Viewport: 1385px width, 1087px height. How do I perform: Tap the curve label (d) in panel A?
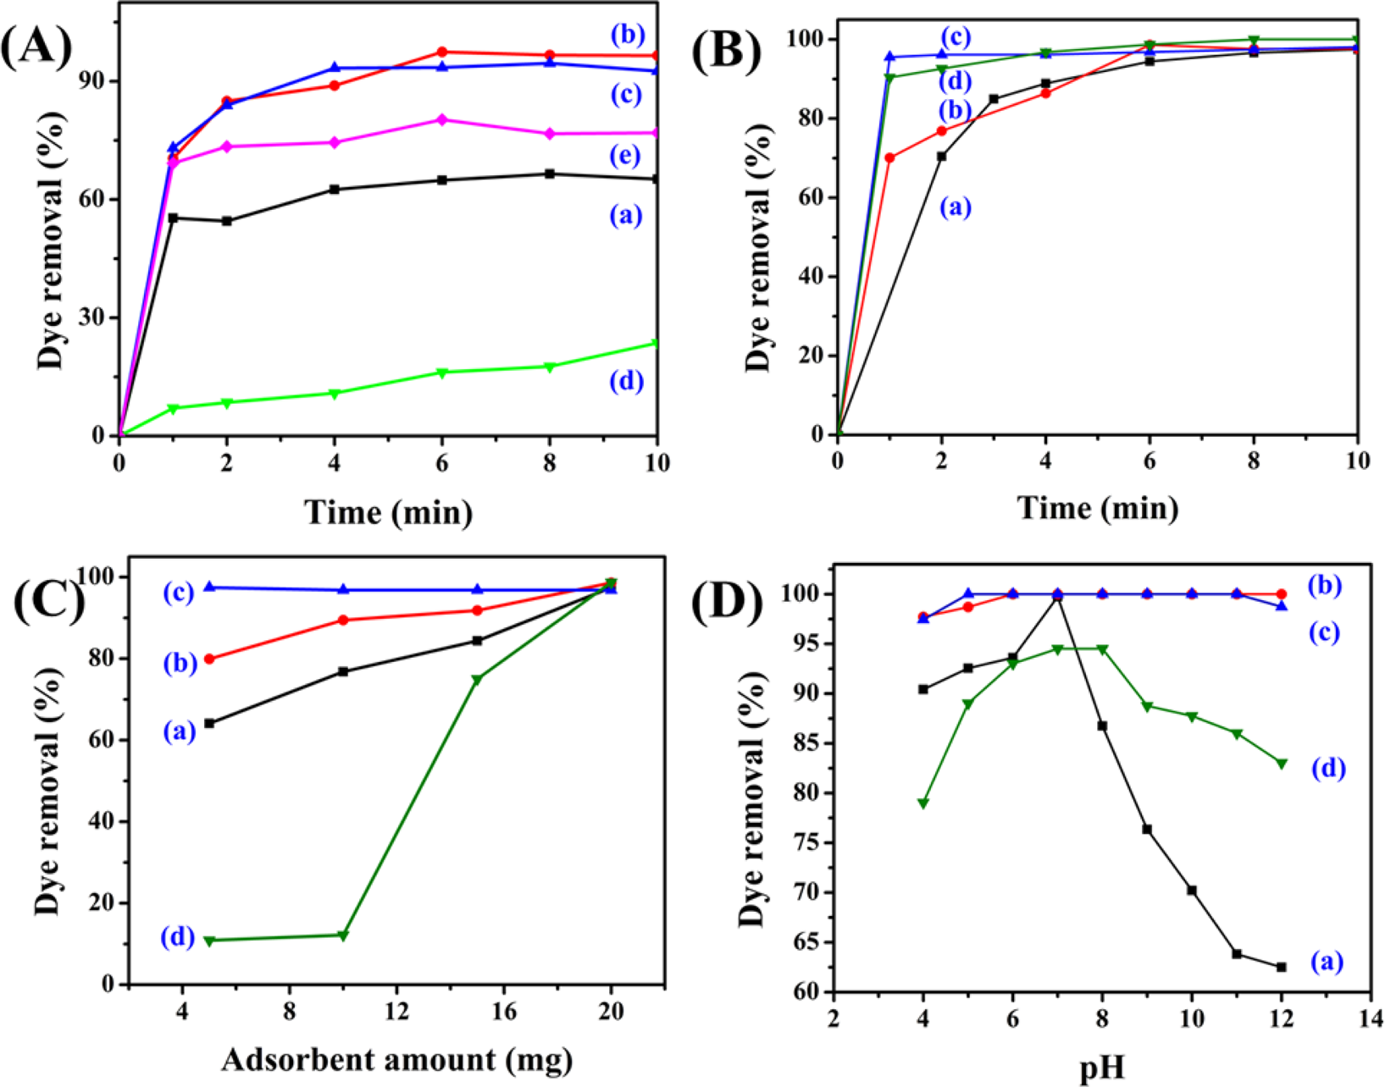tap(627, 382)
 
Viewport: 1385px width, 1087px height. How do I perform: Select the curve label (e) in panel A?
tap(627, 156)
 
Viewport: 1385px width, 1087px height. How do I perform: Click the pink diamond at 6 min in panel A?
tap(441, 119)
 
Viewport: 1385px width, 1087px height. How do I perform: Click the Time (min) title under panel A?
tap(389, 512)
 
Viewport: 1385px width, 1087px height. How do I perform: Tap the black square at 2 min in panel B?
tap(942, 156)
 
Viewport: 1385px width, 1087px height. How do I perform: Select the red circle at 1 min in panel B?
tap(889, 157)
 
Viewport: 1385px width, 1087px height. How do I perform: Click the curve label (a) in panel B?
tap(956, 207)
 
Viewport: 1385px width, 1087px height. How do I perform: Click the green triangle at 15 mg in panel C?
tap(477, 680)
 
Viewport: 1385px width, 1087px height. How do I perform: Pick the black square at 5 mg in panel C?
tap(209, 723)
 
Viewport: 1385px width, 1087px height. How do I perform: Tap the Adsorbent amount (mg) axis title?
tap(396, 1059)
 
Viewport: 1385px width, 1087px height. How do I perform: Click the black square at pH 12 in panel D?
tap(1281, 967)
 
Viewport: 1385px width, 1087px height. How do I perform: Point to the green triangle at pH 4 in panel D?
tap(923, 803)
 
